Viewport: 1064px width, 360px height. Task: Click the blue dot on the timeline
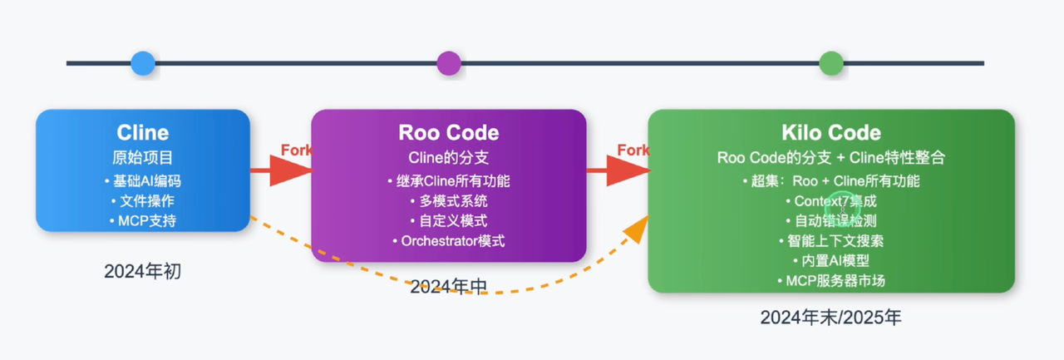pos(143,63)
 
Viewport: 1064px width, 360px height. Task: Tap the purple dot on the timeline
pos(449,63)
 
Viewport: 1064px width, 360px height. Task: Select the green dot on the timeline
pos(830,63)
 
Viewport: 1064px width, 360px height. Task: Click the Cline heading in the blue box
pos(142,132)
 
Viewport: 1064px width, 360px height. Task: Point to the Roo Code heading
pos(449,132)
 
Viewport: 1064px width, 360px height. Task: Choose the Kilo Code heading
pos(830,132)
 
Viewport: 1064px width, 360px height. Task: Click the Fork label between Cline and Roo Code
pos(296,150)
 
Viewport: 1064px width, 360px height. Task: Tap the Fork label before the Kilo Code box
pos(633,150)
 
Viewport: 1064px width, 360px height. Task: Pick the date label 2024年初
pos(142,271)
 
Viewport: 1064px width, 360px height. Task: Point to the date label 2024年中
pos(448,287)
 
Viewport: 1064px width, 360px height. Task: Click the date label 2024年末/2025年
pos(830,318)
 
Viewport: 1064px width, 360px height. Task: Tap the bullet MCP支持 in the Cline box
pos(142,220)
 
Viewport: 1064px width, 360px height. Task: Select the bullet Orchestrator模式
pos(448,241)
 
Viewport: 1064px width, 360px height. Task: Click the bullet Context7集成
pos(830,200)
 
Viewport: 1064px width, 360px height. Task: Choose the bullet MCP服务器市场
pos(830,280)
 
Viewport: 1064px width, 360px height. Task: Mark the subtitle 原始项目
pos(142,158)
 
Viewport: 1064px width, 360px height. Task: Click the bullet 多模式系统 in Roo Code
pos(448,200)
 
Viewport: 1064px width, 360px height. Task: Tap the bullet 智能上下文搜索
pos(830,241)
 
